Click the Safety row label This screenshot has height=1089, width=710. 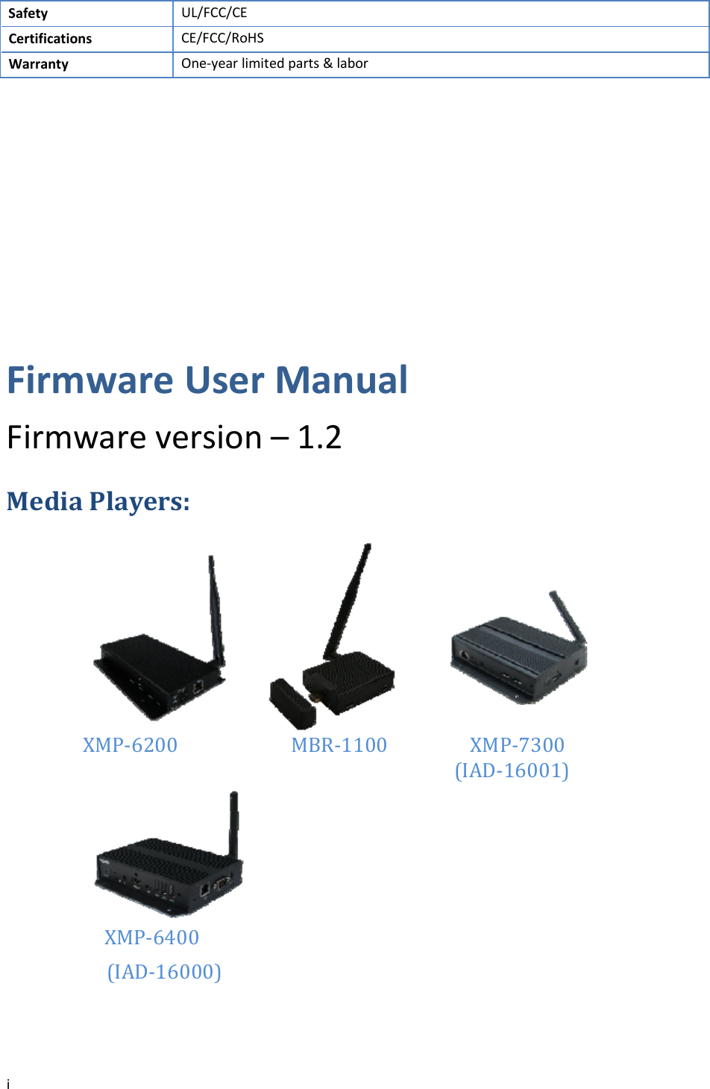(28, 13)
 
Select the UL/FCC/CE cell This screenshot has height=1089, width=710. (214, 13)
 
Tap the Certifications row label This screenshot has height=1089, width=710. (50, 39)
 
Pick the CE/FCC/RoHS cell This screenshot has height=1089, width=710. (222, 38)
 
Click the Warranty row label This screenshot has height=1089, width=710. (38, 64)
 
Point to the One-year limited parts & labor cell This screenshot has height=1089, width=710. (274, 63)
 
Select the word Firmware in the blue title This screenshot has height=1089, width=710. (90, 380)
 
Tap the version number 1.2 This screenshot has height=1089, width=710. (319, 437)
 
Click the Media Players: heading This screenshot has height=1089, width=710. (98, 501)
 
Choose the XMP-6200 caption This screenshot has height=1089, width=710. (130, 745)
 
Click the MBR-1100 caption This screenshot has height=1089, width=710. (339, 745)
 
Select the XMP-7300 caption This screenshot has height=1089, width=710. (517, 745)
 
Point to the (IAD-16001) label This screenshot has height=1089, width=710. (512, 771)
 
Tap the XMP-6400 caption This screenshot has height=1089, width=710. (151, 938)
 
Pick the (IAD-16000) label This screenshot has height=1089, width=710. (164, 972)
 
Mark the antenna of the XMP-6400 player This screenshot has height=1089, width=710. (233, 824)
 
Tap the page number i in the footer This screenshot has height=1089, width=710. (8, 1084)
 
